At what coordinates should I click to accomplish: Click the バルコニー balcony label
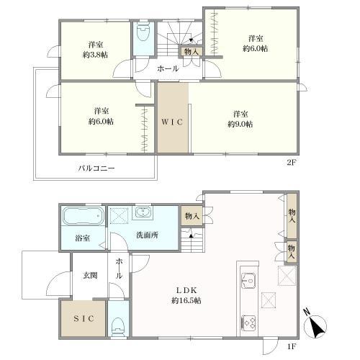[96, 169]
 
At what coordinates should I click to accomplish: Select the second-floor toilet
[142, 36]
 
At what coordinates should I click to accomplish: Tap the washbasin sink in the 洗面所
[143, 213]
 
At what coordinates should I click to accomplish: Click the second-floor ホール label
[168, 69]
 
